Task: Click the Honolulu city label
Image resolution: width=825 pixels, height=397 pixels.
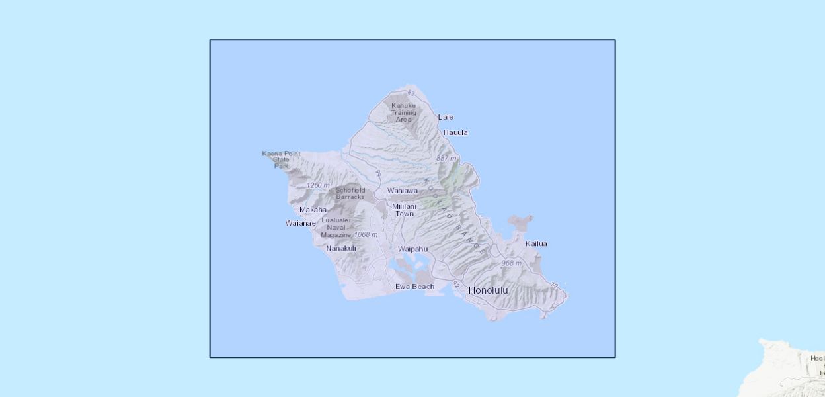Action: coord(489,290)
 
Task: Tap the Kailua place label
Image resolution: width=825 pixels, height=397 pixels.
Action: coord(536,243)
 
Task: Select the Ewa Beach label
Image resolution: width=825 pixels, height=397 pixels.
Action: coord(414,287)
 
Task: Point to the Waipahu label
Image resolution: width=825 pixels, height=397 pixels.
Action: coord(412,249)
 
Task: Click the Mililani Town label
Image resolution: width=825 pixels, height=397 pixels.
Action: coord(404,210)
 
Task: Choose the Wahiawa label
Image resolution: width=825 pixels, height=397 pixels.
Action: coord(403,191)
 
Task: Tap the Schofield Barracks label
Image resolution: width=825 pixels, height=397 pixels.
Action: coord(350,193)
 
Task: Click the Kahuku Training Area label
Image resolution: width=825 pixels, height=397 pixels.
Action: coord(403,112)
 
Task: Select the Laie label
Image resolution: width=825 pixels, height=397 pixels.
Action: coord(446,117)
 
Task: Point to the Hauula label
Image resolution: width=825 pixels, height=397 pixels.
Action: coord(455,132)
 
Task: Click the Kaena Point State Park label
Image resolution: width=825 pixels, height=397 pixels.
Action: coord(281,159)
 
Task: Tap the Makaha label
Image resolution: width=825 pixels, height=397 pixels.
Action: coord(313,210)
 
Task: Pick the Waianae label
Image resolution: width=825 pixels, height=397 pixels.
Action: coord(300,223)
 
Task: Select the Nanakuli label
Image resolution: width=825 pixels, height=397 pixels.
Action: coord(341,249)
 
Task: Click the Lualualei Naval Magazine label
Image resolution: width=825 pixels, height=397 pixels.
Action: coord(336,228)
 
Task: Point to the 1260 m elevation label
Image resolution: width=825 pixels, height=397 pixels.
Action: coord(318,185)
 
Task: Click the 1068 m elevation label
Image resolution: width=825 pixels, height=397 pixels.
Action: coord(366,235)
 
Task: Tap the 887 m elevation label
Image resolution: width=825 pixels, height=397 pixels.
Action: coord(446,159)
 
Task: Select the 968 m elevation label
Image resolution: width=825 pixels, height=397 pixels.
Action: coord(511,263)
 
